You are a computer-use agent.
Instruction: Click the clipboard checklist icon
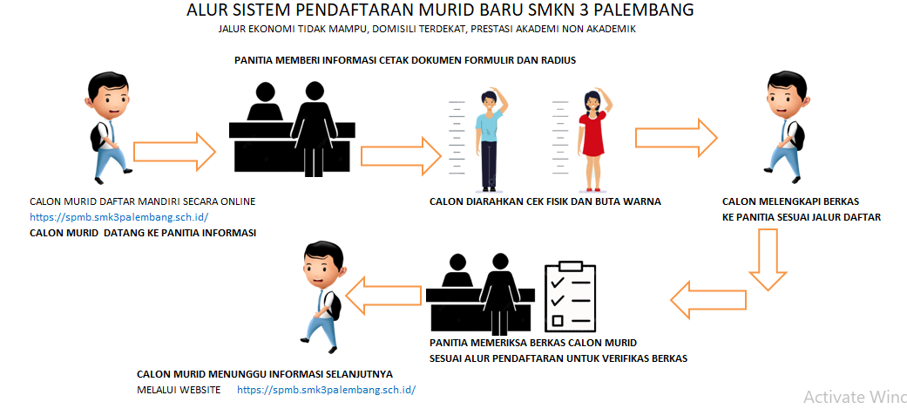coord(571,296)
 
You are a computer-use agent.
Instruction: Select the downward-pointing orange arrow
coord(768,259)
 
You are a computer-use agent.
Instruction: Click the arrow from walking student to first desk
coord(174,153)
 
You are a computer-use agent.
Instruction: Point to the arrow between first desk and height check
coord(401,156)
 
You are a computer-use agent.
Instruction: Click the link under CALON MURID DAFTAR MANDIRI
coord(118,217)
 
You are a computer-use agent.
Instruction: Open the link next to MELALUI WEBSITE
coord(326,389)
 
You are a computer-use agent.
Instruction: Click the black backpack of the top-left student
coord(98,137)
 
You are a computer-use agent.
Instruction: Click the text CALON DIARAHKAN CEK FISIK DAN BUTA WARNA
coord(545,201)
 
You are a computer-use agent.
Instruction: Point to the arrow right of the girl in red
coord(676,138)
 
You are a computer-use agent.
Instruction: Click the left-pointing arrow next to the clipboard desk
coord(708,299)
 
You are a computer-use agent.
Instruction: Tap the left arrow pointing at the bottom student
coord(383,295)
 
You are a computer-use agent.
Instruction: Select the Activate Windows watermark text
coord(855,397)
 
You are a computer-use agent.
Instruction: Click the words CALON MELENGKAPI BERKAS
coord(791,201)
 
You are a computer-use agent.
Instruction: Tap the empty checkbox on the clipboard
coord(558,320)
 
